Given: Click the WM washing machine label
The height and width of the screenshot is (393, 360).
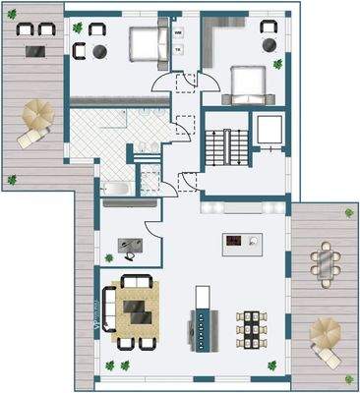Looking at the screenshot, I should [178, 32].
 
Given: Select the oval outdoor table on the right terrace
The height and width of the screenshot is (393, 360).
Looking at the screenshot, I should [323, 261].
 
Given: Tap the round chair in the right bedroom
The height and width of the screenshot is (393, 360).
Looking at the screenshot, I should [269, 44].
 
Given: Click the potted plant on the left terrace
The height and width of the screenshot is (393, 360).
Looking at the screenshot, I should [12, 180].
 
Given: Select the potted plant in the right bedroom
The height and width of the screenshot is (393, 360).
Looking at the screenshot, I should [278, 65].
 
